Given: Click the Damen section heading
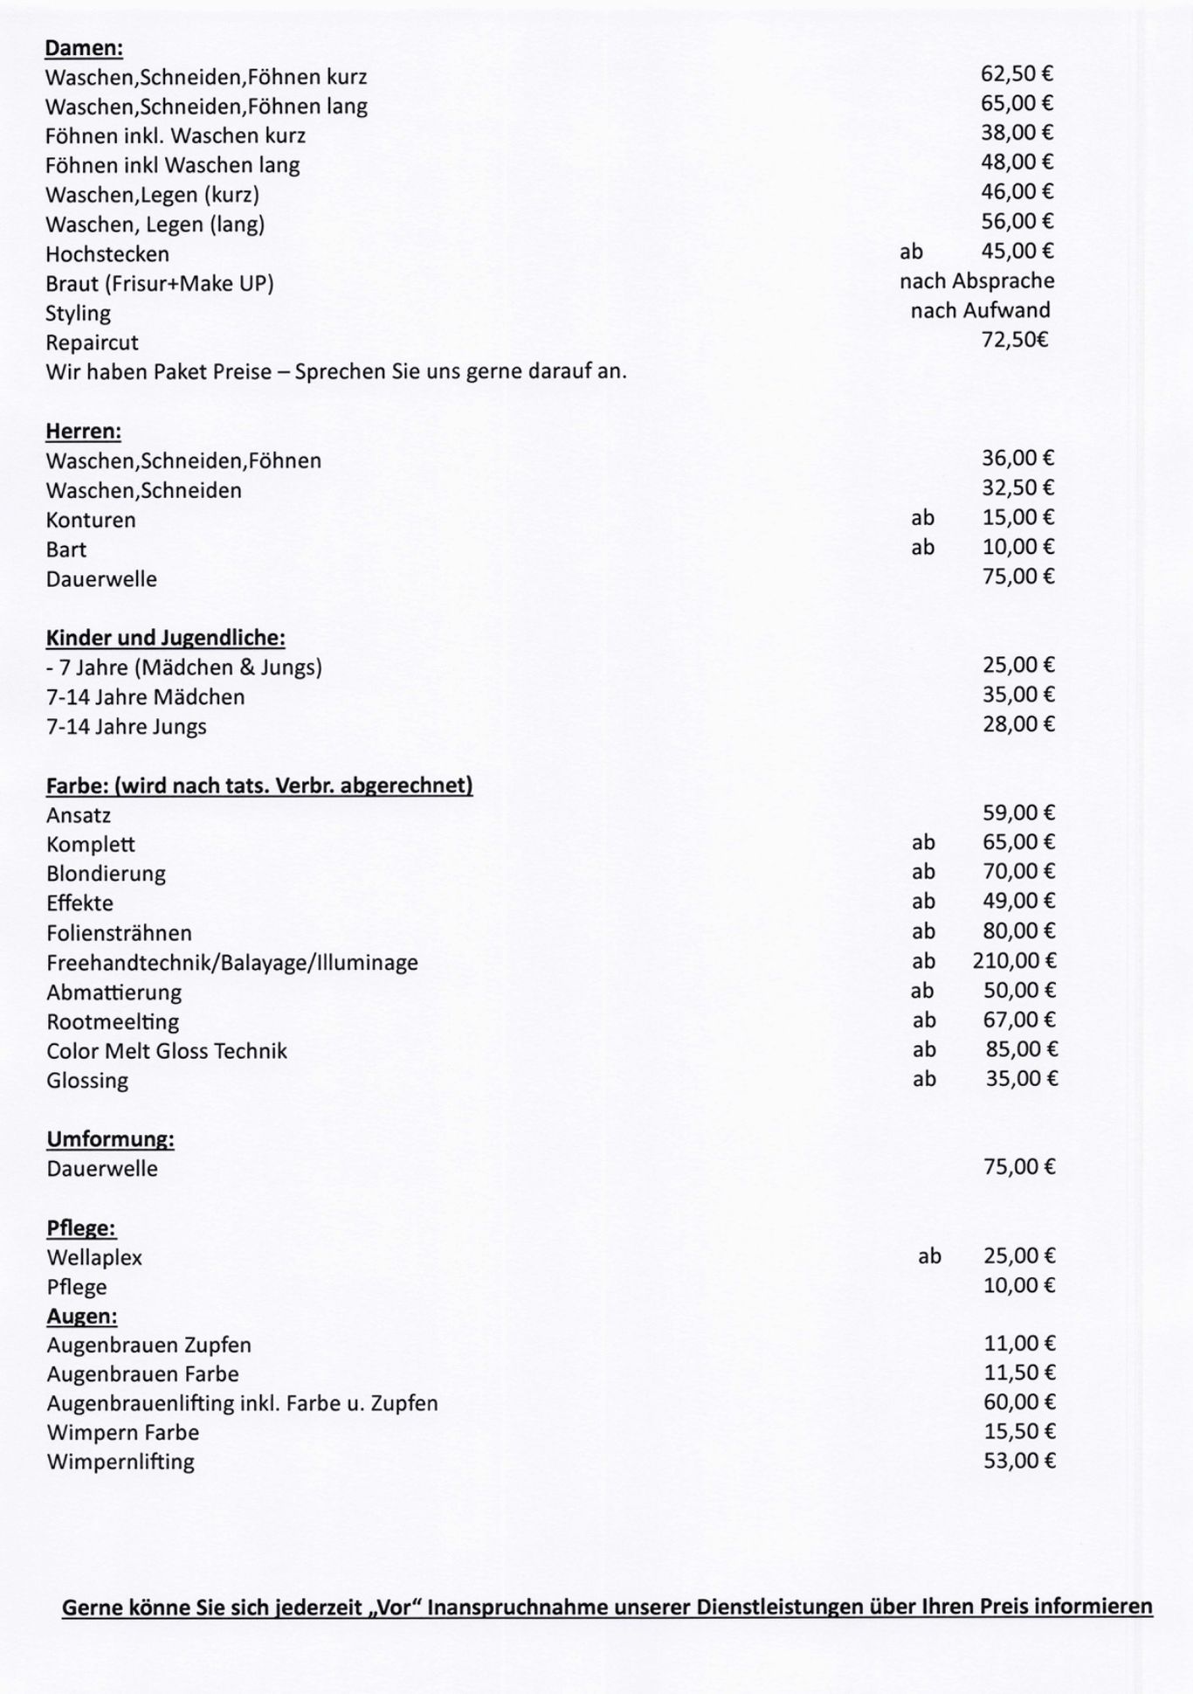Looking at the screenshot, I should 84,48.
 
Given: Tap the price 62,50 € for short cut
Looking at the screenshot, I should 1017,74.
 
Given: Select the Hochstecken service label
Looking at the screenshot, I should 107,254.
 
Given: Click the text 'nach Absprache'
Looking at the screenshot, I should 976,281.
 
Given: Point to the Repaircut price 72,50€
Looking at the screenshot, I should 1015,340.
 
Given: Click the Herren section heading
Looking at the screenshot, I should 83,432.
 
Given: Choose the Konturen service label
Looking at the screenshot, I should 91,520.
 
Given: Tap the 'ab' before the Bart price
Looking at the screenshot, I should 922,548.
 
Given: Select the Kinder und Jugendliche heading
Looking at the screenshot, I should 166,638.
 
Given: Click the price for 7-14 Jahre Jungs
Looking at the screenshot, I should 1018,724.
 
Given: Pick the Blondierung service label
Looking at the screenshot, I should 106,874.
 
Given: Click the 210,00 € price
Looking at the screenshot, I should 1014,962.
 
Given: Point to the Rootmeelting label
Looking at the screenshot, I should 113,1021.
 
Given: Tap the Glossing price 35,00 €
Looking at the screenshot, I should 1021,1079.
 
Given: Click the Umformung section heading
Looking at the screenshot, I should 110,1139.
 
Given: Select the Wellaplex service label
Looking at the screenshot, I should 94,1258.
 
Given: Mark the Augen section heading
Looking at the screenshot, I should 82,1317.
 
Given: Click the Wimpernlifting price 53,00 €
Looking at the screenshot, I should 1019,1461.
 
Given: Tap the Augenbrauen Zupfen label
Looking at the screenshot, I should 148,1345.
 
